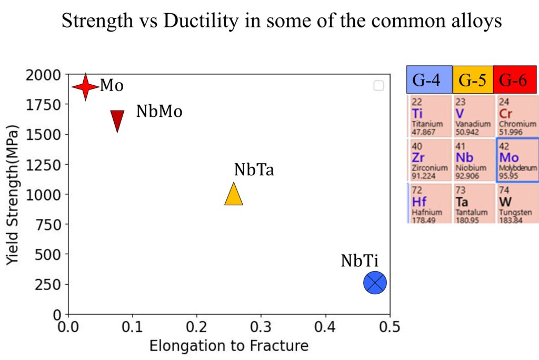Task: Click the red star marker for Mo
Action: click(x=85, y=86)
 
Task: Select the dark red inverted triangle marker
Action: click(x=117, y=120)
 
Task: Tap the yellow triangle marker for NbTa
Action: click(x=234, y=195)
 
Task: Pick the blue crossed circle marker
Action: click(x=375, y=283)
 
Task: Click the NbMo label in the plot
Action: click(x=159, y=112)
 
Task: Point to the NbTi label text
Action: click(x=360, y=261)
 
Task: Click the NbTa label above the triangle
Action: click(x=254, y=170)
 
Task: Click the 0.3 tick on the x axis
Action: click(x=261, y=326)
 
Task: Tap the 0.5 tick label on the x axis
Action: click(x=390, y=326)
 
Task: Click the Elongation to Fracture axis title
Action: click(x=228, y=346)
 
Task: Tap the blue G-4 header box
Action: click(x=429, y=80)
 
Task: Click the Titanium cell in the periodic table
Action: click(x=429, y=115)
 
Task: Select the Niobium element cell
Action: click(x=473, y=159)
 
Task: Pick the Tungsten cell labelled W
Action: click(x=516, y=204)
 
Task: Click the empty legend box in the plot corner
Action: click(x=378, y=85)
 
